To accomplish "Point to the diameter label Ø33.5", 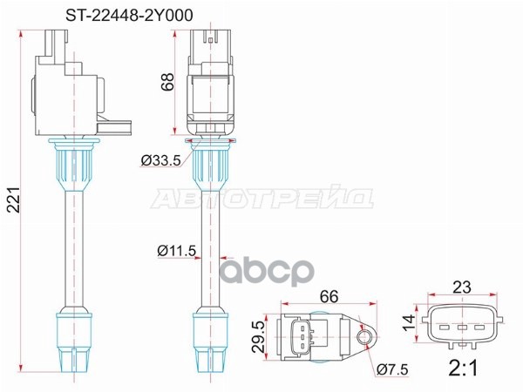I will [161, 159].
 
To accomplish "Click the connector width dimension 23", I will [462, 286].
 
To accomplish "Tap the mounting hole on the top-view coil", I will [363, 334].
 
